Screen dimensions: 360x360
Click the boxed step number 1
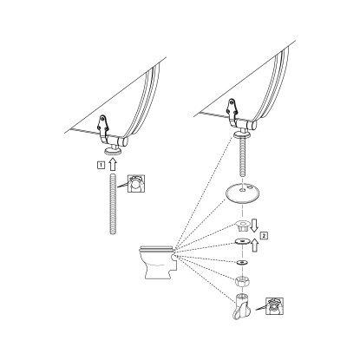coord(101,166)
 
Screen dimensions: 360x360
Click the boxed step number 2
coord(264,235)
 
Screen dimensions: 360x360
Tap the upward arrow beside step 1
coord(113,164)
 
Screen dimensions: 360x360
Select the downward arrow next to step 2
coord(254,226)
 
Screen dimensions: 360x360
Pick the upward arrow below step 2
coord(254,245)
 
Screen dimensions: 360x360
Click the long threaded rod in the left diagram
coord(113,204)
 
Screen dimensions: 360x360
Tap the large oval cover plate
coord(242,194)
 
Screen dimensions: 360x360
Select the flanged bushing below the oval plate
coord(242,226)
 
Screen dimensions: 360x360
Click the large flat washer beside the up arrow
coord(242,241)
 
